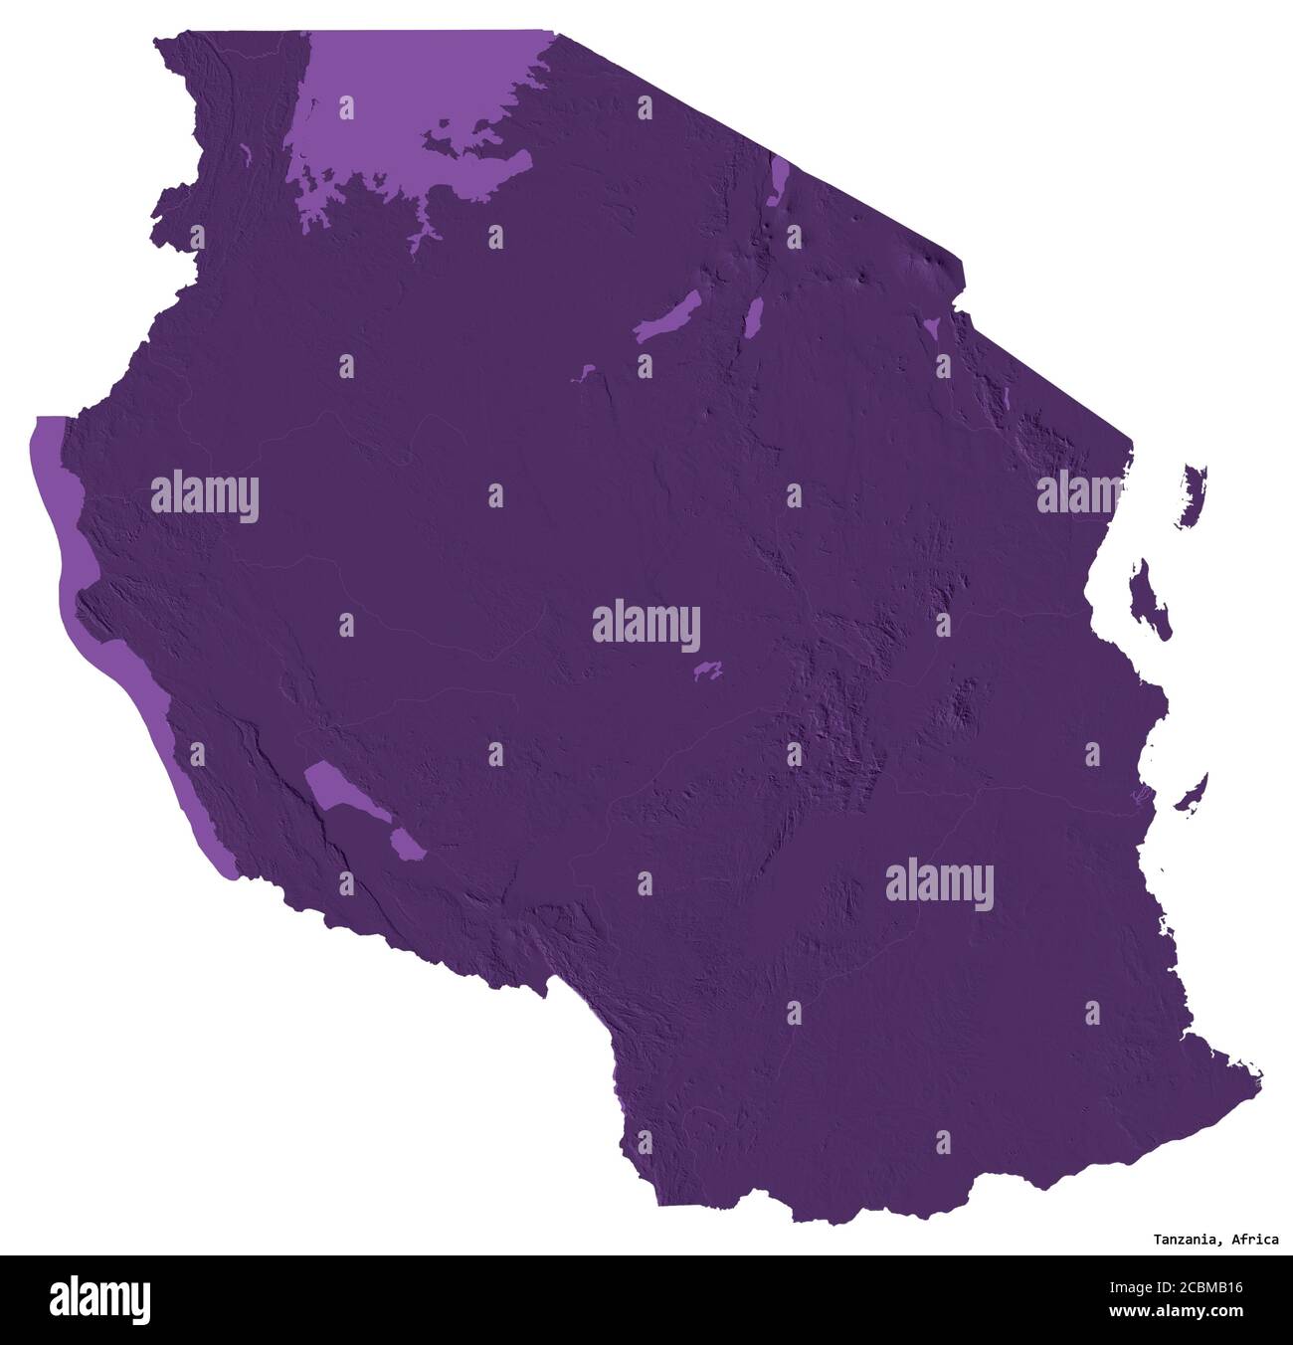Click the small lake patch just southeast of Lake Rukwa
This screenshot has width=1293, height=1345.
coord(406,845)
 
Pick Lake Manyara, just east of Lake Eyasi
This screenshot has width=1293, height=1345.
coord(753,316)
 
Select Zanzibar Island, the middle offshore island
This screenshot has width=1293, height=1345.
coord(1152,597)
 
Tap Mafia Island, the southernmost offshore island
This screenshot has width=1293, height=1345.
coord(1192,793)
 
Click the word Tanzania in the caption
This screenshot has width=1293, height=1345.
coord(1188,1240)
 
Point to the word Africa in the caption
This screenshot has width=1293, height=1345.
coord(1255,1240)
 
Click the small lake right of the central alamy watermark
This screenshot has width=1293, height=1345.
coord(708,672)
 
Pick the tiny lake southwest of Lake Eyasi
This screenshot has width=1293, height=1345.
coord(580,375)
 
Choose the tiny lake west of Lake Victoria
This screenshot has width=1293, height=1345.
coord(245,154)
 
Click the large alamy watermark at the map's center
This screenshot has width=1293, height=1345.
coord(646,627)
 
